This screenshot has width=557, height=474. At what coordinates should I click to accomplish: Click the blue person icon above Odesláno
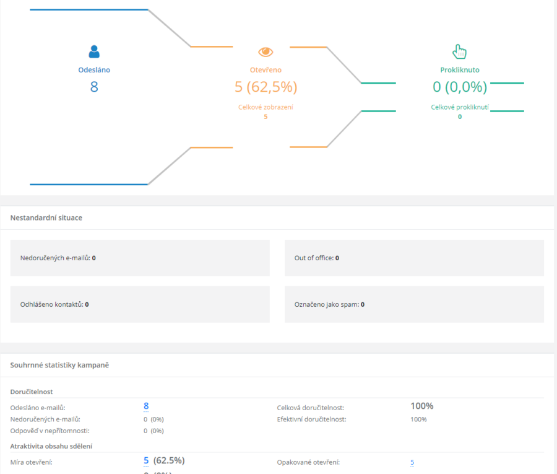[x=94, y=51]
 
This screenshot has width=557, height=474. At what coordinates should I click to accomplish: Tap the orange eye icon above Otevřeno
[x=266, y=52]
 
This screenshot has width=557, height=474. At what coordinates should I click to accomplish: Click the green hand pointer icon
[x=459, y=51]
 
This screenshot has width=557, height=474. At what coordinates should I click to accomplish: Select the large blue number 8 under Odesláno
[x=94, y=86]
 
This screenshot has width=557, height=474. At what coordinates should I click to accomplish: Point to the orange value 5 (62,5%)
[x=266, y=87]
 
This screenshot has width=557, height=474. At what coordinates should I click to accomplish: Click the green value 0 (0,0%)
[x=460, y=87]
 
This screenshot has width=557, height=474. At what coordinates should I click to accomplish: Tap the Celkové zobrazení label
[x=266, y=107]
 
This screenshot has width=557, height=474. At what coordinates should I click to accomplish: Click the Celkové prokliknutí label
[x=460, y=107]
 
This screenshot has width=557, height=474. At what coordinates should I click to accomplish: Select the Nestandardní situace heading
[x=46, y=217]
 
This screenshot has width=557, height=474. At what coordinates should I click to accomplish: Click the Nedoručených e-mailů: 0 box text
[x=58, y=258]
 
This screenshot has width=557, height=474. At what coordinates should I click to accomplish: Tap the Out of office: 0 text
[x=316, y=258]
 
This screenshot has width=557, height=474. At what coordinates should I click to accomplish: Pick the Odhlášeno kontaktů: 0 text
[x=54, y=304]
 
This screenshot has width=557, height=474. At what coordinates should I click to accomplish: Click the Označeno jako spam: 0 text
[x=329, y=304]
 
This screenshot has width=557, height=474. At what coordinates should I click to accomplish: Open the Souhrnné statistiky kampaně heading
[x=59, y=365]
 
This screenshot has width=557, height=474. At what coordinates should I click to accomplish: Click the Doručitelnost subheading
[x=32, y=392]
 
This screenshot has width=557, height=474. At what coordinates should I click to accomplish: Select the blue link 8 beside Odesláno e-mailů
[x=146, y=406]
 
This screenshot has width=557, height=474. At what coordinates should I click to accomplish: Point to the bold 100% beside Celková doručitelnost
[x=422, y=406]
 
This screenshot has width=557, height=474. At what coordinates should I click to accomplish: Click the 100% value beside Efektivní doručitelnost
[x=418, y=419]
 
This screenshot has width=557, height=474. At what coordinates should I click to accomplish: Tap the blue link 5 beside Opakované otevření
[x=412, y=462]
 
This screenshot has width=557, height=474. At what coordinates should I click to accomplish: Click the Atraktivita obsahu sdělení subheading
[x=51, y=446]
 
